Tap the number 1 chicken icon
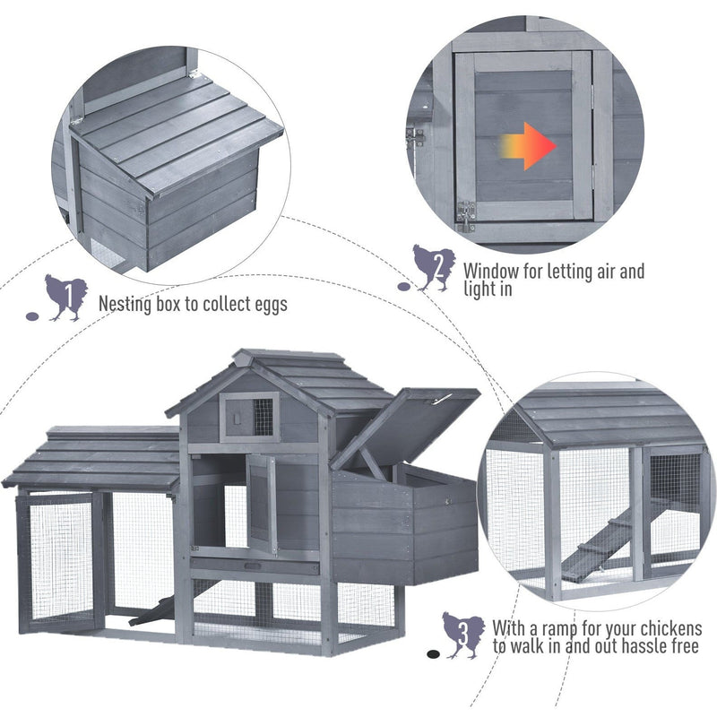coord(66,298)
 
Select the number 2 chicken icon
coord(433,268)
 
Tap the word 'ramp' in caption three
coord(569,629)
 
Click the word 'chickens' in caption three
coord(668,629)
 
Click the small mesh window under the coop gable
coord(262,417)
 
